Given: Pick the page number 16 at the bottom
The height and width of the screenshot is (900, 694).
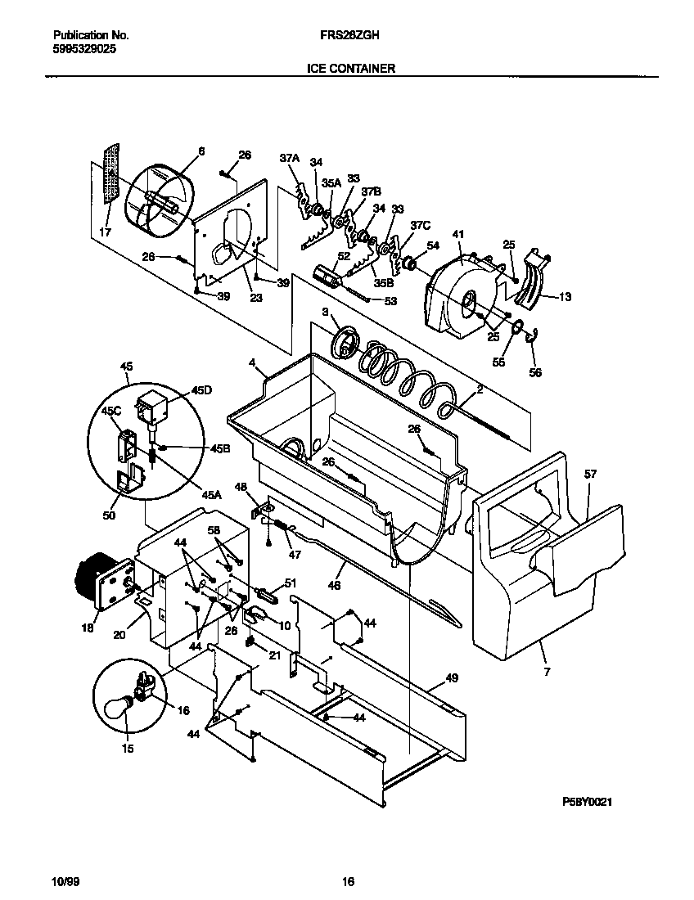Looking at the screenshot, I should point(348,881).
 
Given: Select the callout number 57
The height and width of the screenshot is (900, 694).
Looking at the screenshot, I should point(591,474).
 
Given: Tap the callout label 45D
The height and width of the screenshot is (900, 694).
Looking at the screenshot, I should point(201,391).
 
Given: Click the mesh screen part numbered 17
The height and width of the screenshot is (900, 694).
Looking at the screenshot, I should point(110,178).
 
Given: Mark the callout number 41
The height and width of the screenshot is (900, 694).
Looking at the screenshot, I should point(457,235).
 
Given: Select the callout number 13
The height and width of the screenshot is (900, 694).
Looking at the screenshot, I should point(564,298).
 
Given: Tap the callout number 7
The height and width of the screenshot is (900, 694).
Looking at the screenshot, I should point(547,672).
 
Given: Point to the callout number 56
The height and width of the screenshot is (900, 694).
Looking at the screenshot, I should point(535,372).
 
